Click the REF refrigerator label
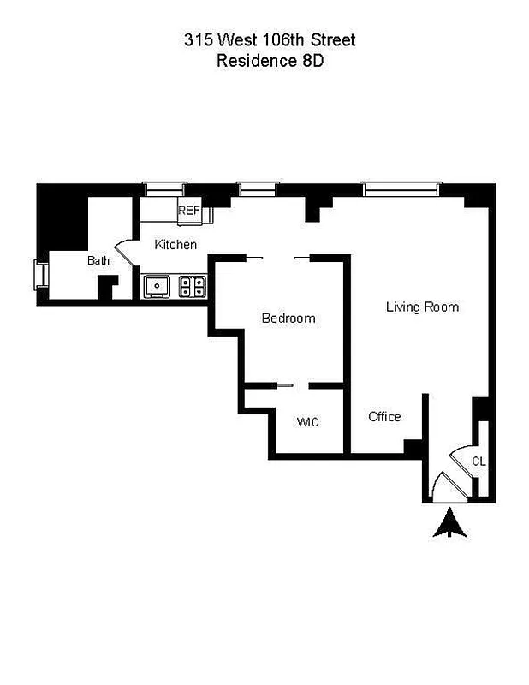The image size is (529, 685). coord(188,210)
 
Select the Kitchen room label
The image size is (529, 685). coord(175,245)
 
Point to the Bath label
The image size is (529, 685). coord(98,260)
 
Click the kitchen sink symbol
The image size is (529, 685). coord(157,286)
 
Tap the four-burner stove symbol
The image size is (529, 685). coord(193,286)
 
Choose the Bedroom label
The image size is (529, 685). coord(288,319)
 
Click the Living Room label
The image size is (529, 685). coord(422,307)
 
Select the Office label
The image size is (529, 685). coord(384,417)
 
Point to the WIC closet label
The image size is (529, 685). coord(307,421)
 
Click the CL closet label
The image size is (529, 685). coord(478,462)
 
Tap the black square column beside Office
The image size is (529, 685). coord(413,448)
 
